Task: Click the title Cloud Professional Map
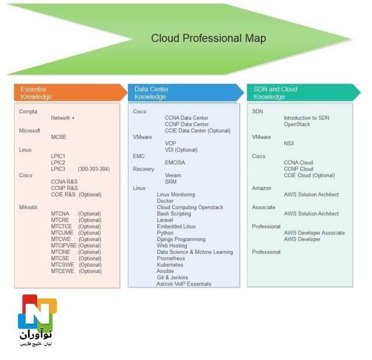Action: click(x=208, y=38)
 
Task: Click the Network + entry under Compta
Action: click(x=63, y=118)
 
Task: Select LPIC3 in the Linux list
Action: click(x=58, y=169)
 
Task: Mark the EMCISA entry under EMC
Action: click(x=175, y=163)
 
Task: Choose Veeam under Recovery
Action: click(x=173, y=175)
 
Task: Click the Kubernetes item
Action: click(x=170, y=265)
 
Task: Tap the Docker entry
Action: click(x=165, y=201)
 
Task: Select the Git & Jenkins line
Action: click(x=173, y=278)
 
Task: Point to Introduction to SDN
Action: click(x=306, y=118)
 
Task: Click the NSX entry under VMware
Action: click(x=289, y=143)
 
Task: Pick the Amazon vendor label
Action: click(x=262, y=188)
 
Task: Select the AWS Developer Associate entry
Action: click(x=314, y=233)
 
